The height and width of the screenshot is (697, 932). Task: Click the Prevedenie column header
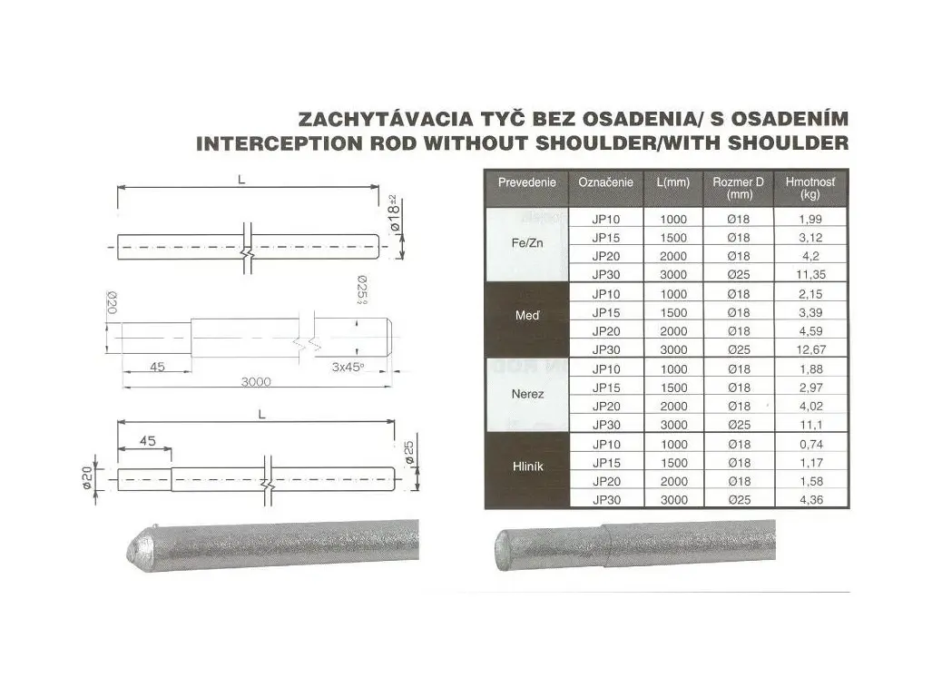tap(526, 182)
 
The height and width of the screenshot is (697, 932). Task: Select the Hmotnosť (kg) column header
tap(809, 188)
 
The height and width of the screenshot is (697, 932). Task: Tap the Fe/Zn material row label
tap(526, 243)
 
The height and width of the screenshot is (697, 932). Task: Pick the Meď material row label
tap(527, 315)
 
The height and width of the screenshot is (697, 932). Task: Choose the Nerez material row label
tap(527, 394)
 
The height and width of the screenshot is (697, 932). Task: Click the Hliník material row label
tap(527, 466)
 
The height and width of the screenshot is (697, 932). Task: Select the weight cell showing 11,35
tap(810, 274)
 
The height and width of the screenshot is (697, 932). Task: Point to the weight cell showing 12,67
tap(810, 349)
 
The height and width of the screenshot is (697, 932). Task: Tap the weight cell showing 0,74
tap(810, 444)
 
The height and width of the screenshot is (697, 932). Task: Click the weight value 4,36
tap(810, 500)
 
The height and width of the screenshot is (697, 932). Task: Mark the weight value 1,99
tap(810, 220)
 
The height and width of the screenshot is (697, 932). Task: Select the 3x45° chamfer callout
tap(348, 367)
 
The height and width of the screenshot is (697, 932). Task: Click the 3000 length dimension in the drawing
tap(256, 381)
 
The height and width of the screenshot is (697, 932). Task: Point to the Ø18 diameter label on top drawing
tap(395, 213)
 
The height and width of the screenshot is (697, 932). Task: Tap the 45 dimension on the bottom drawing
tap(147, 441)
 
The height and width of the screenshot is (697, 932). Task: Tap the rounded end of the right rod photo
tap(498, 550)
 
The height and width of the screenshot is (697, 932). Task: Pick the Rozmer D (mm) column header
tap(738, 188)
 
